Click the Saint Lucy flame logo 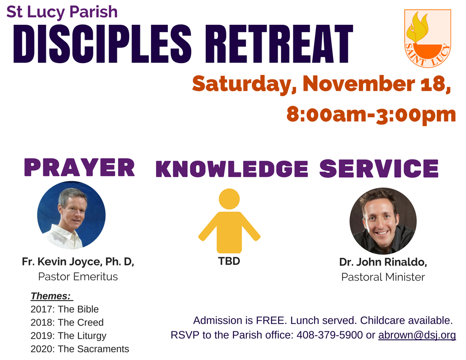pos(427,38)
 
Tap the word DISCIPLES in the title pos(102,44)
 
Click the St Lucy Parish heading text pos(62,12)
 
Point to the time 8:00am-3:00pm pos(371,114)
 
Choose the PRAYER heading pos(79,168)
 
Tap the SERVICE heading pos(379,168)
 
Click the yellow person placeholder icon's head pos(229,199)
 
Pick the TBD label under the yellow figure pos(229,261)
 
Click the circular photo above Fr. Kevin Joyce pos(71,215)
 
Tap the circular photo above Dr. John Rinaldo pos(383,221)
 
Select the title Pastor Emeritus pos(78,277)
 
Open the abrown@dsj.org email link pos(417,335)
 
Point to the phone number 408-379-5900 pos(330,335)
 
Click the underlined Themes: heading pos(51,296)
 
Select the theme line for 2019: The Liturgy pos(68,335)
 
